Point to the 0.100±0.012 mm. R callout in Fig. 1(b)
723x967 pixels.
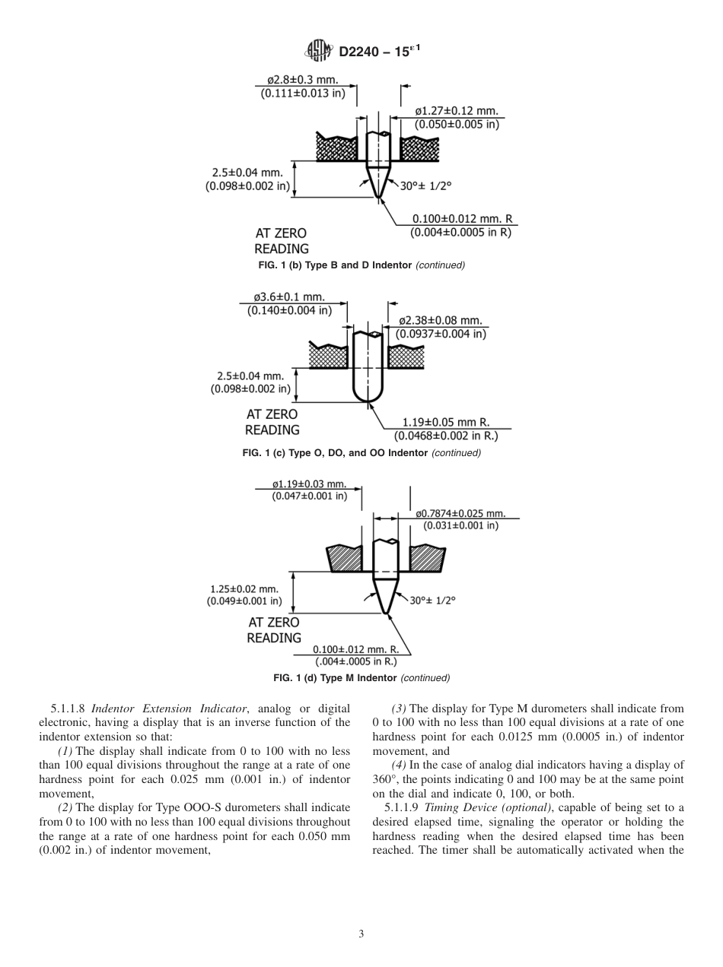(x=462, y=219)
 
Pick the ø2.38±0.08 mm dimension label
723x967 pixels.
(x=441, y=321)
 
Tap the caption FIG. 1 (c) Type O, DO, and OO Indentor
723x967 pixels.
(x=361, y=453)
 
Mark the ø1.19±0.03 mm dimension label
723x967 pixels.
(x=309, y=483)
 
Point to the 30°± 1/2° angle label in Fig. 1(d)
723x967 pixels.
(x=432, y=601)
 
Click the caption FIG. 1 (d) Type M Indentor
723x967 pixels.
(x=361, y=677)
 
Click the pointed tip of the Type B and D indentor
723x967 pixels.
(x=378, y=198)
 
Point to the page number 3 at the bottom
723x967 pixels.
(x=361, y=934)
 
